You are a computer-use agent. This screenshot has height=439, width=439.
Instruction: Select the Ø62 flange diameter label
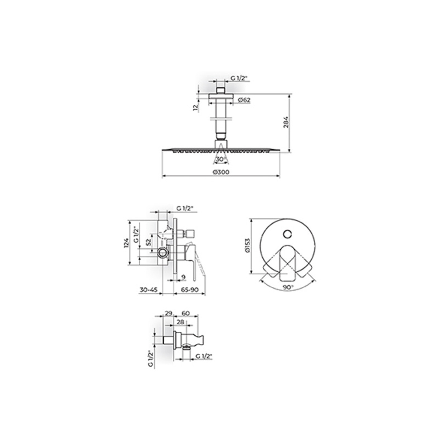tap(244, 100)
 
